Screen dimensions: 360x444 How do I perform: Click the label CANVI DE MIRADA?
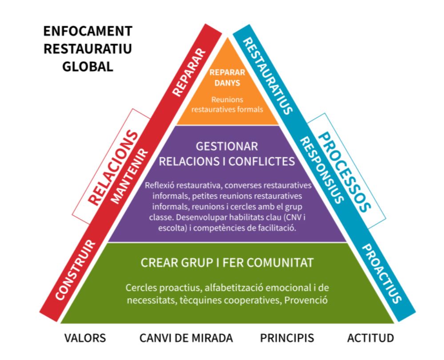pyautogui.click(x=186, y=338)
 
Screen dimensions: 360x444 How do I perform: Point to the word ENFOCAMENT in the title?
pyautogui.click(x=88, y=32)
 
